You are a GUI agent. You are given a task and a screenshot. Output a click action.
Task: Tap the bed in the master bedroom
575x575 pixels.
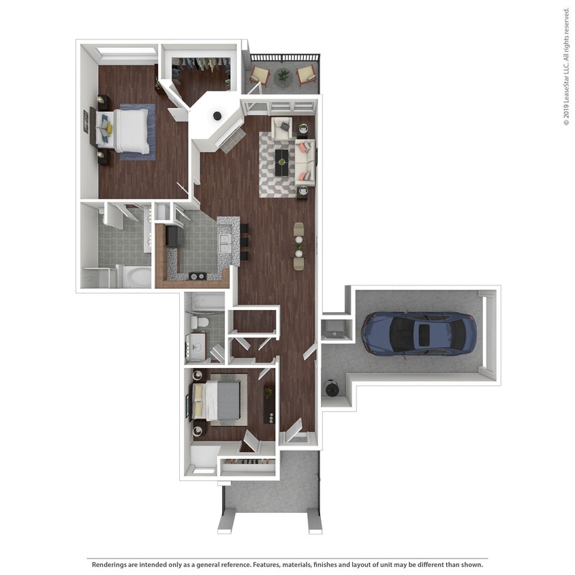pyautogui.click(x=129, y=130)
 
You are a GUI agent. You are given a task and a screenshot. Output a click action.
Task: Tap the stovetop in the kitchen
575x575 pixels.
pyautogui.click(x=198, y=276)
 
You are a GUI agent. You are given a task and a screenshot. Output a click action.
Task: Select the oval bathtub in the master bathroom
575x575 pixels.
pyautogui.click(x=138, y=277)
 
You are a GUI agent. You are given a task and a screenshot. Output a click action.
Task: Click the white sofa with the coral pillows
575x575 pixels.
pyautogui.click(x=307, y=161)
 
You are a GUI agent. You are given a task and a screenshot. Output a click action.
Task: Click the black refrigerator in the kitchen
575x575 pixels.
pyautogui.click(x=172, y=236)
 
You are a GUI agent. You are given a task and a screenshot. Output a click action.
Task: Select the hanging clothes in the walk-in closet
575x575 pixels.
pyautogui.click(x=200, y=64)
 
